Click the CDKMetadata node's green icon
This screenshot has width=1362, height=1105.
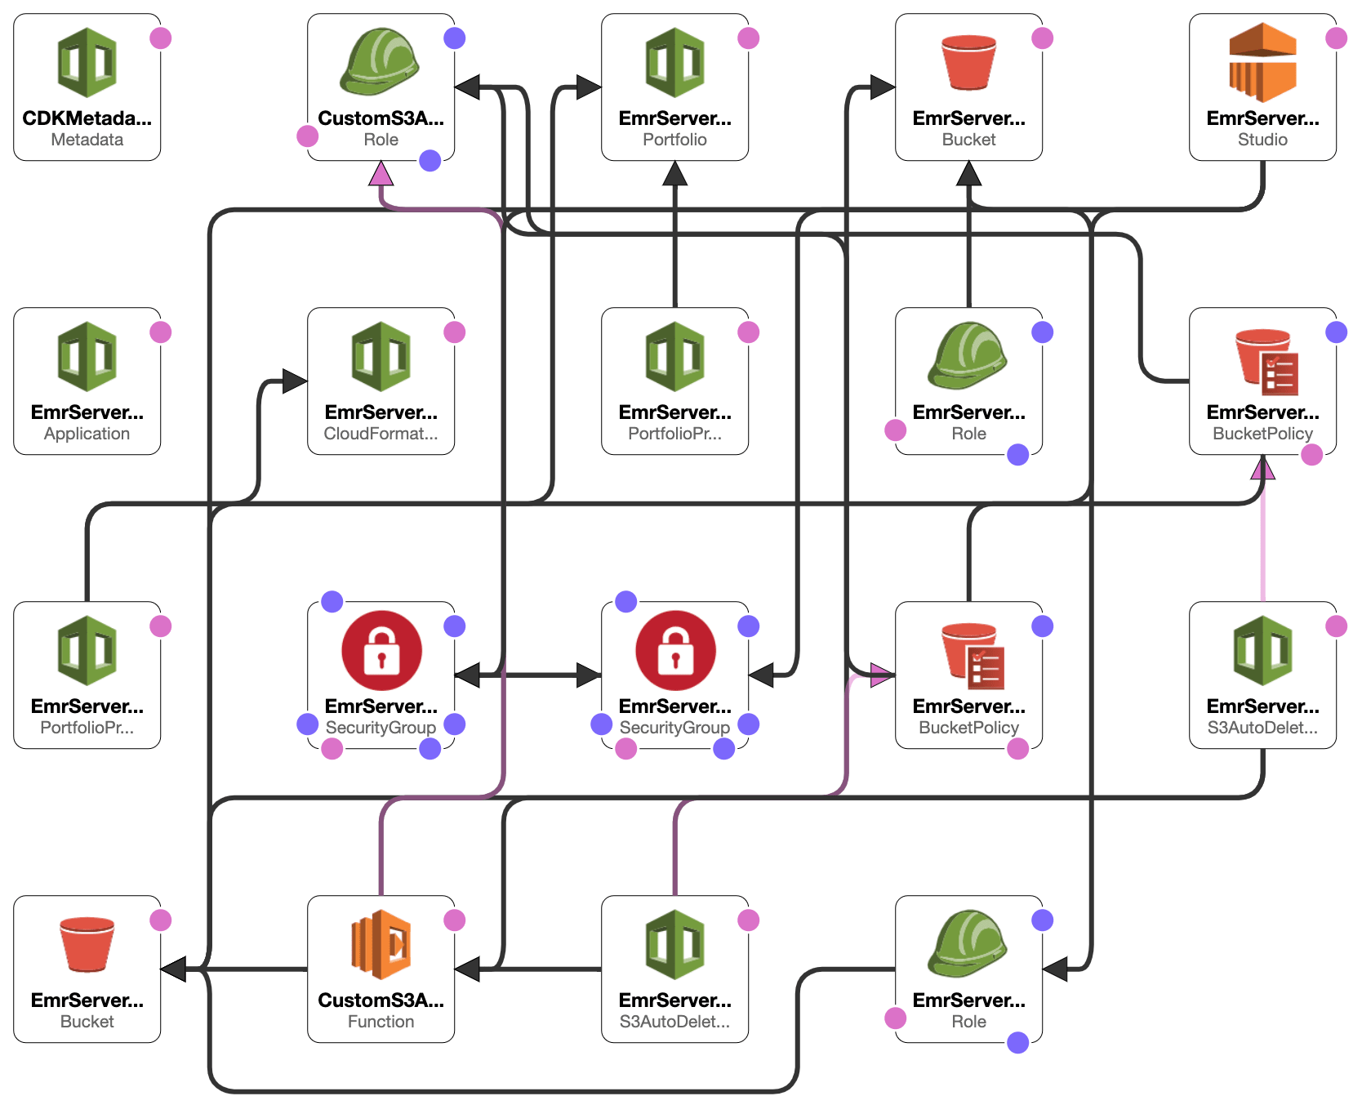(87, 63)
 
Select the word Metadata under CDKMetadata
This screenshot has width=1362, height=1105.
(87, 140)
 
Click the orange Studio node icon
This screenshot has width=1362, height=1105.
(1262, 62)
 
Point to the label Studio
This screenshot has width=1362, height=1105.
(1262, 140)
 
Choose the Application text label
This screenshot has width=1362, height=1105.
(87, 434)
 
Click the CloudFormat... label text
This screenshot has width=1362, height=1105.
(381, 434)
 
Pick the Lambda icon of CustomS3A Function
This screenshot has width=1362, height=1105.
(381, 944)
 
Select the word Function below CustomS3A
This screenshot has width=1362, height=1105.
(381, 1022)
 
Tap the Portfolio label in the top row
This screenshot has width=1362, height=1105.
(674, 140)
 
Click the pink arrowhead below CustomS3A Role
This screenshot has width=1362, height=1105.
(381, 173)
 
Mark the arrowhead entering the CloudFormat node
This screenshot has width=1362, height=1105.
(295, 381)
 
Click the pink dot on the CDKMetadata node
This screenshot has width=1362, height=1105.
(161, 38)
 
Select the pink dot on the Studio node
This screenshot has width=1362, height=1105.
(1337, 38)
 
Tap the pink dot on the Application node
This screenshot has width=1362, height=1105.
(161, 332)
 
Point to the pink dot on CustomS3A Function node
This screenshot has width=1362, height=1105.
(455, 920)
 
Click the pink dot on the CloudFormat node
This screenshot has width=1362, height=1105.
(455, 332)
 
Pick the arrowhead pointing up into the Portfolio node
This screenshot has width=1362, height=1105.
(675, 173)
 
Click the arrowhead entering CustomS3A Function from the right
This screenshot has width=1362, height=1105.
(467, 969)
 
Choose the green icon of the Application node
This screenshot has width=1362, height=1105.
(87, 357)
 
